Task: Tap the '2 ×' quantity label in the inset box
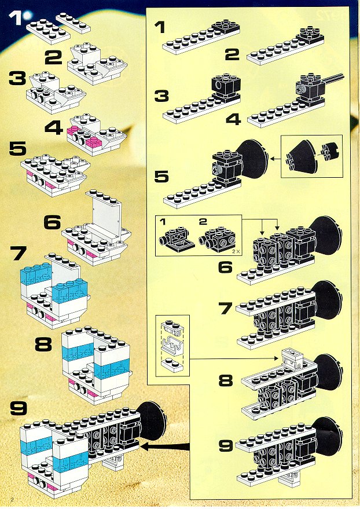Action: [x=235, y=251]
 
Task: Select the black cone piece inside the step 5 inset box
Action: [x=303, y=157]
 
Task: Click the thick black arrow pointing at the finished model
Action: [x=165, y=446]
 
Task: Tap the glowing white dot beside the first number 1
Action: [x=27, y=15]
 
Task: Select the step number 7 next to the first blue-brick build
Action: [x=17, y=253]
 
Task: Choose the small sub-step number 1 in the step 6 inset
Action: [x=163, y=222]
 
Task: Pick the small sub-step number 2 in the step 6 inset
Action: [x=203, y=222]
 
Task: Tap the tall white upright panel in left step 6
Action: [x=106, y=215]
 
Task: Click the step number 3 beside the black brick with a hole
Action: [x=161, y=96]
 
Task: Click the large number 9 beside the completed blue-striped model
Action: [x=19, y=408]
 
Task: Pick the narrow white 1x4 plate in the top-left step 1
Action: [x=73, y=23]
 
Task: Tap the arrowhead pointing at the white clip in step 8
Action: [x=275, y=358]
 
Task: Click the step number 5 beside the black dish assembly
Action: [x=161, y=176]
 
